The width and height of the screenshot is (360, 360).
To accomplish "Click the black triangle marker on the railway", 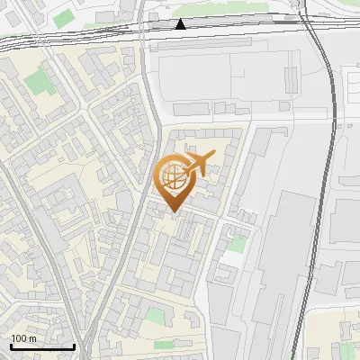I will (182, 24).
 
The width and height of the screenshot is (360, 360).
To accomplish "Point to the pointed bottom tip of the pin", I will (173, 211).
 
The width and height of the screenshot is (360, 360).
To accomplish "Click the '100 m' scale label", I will (24, 338).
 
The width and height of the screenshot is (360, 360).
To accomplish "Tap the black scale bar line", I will (42, 346).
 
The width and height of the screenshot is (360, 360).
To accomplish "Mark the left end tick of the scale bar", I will (11, 346).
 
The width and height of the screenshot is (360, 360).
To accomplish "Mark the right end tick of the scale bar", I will (74, 346).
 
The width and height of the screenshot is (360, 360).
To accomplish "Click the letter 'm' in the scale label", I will (32, 338).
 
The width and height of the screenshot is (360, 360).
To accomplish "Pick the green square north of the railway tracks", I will (65, 18).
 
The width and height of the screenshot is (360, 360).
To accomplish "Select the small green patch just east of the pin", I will (237, 243).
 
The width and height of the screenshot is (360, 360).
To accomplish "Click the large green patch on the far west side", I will (39, 83).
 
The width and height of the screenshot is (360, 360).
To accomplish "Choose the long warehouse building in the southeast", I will (281, 261).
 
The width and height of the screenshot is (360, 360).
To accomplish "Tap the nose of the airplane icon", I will (213, 157).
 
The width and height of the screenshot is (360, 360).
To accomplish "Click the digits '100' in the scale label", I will (20, 338).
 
